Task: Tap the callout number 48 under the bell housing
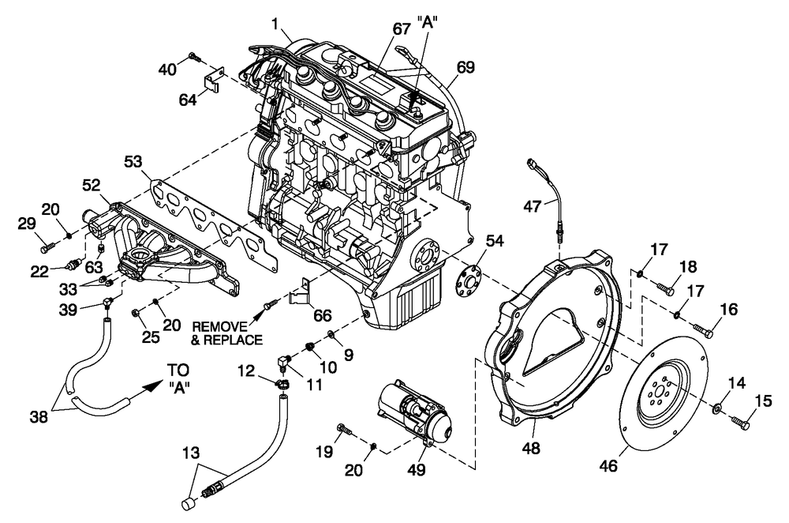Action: pos(533,449)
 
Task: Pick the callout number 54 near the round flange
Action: pos(494,241)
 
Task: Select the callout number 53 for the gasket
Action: pos(135,162)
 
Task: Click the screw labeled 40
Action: pos(193,57)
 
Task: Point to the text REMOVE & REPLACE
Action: pos(227,333)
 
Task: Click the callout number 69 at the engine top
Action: pos(466,69)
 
